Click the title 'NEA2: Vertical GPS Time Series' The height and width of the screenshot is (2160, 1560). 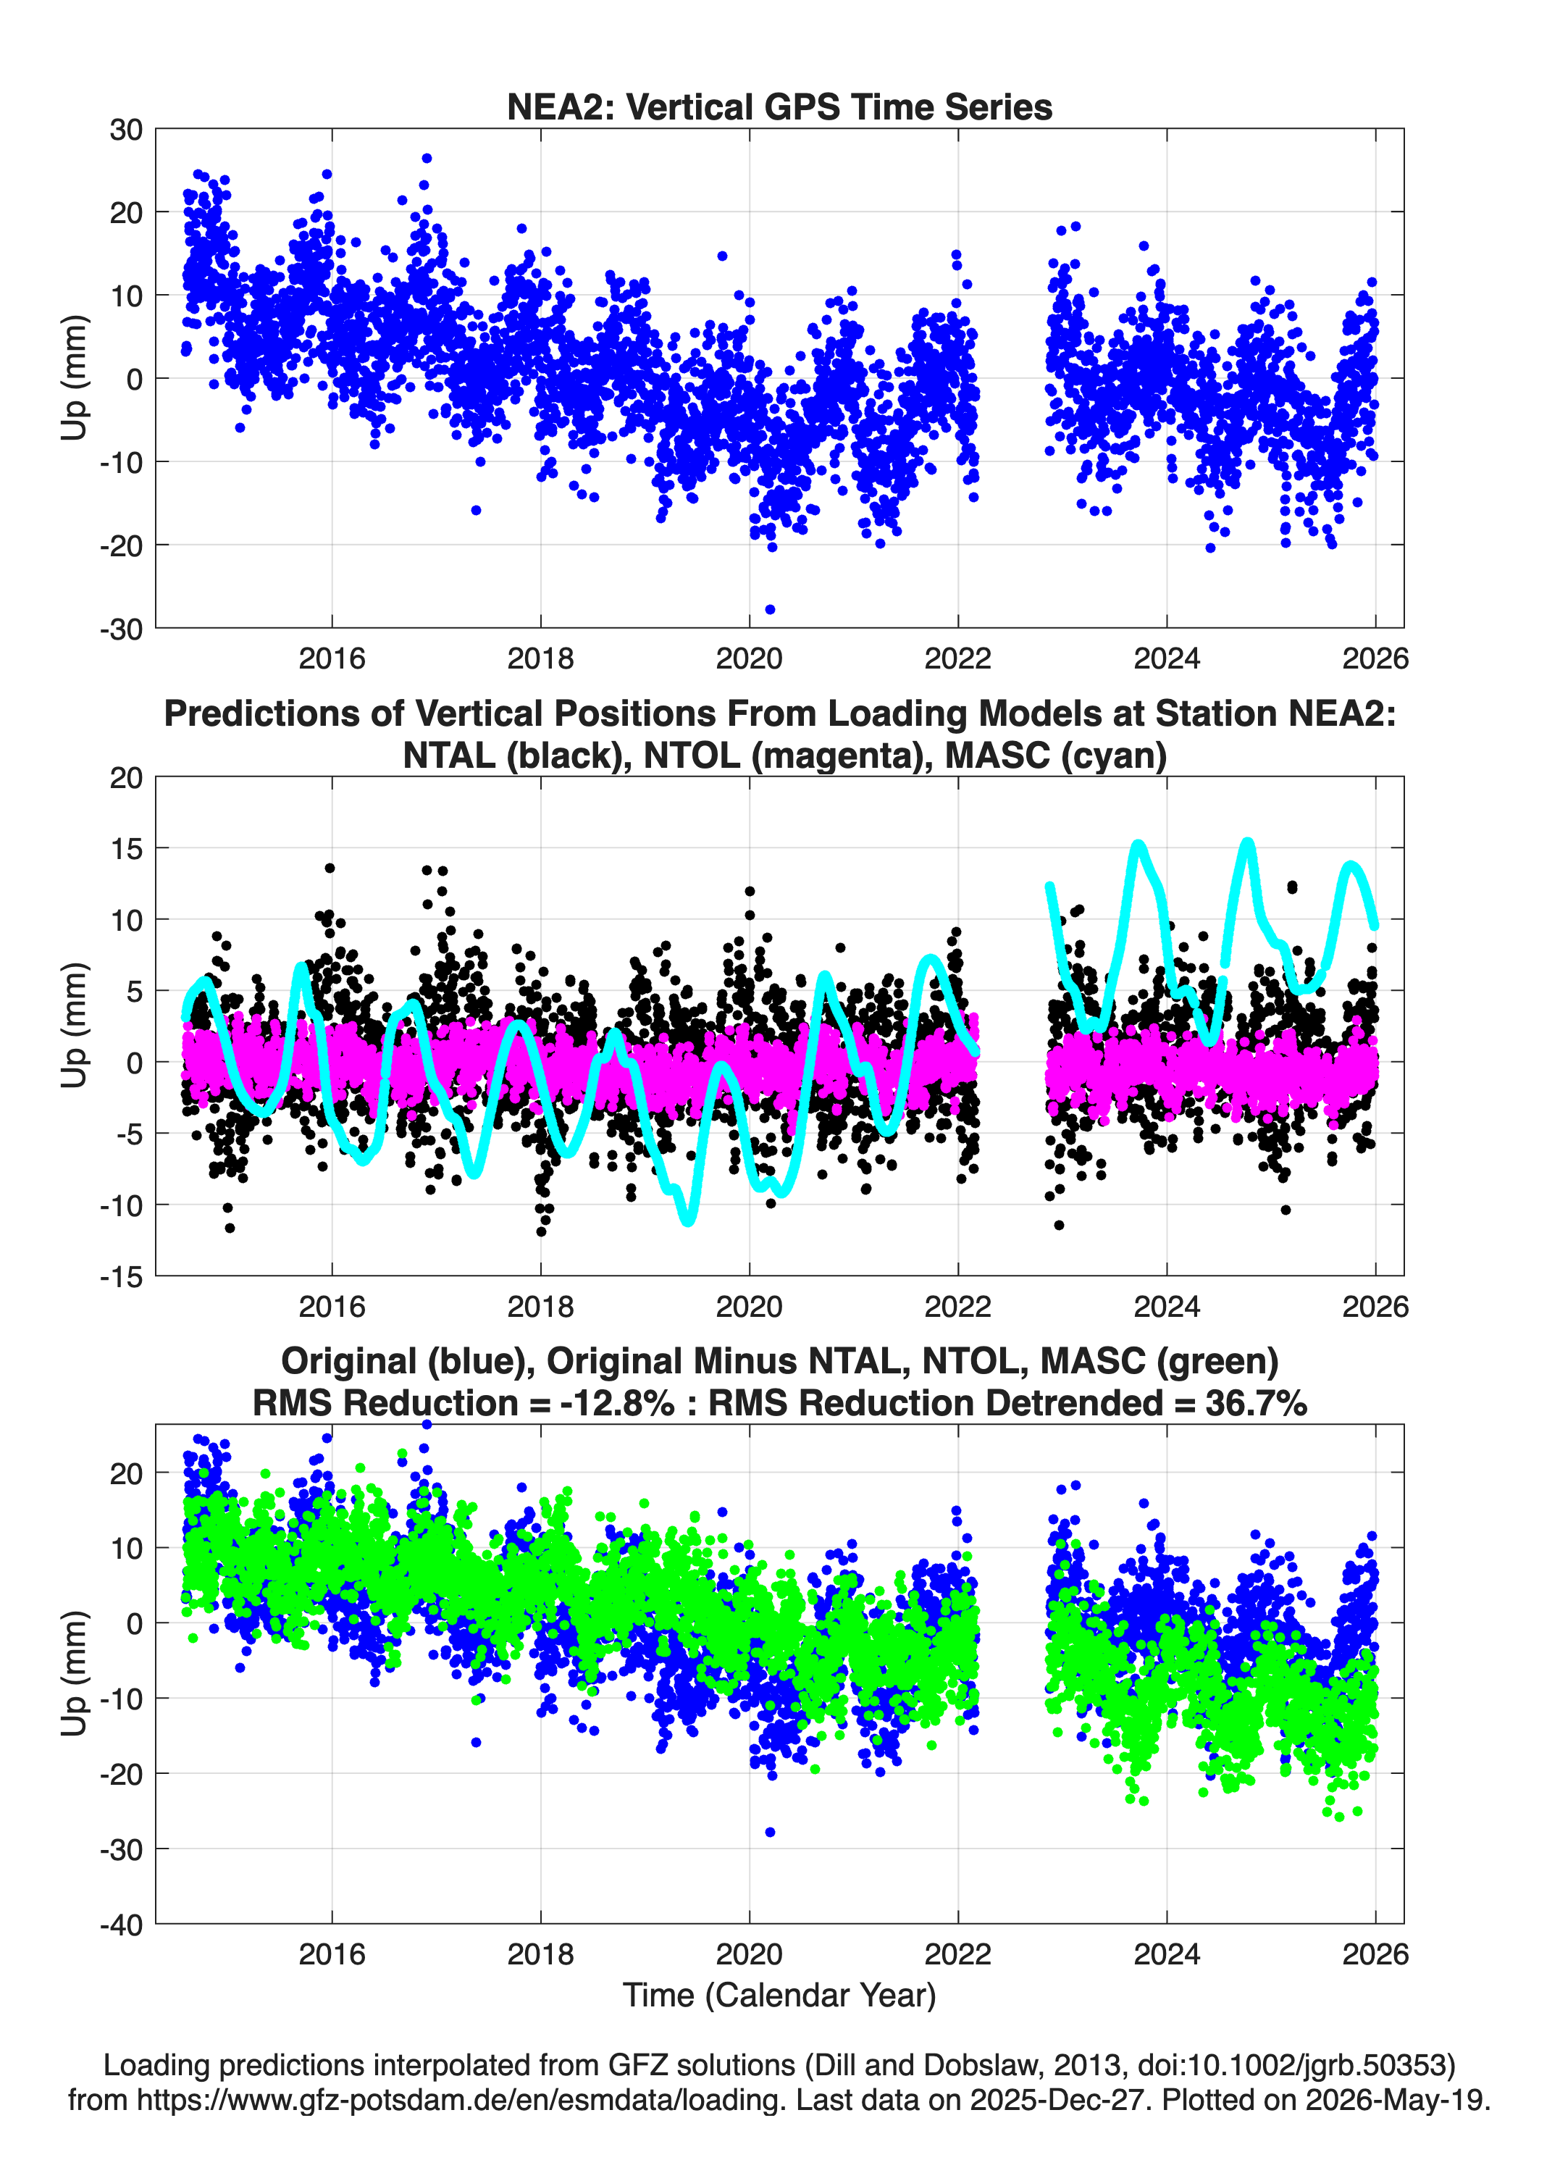pyautogui.click(x=779, y=106)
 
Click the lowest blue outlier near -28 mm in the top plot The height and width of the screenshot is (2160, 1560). pyautogui.click(x=770, y=609)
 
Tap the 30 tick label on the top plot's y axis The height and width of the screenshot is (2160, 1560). pyautogui.click(x=126, y=130)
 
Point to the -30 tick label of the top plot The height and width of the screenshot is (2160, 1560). pyautogui.click(x=121, y=629)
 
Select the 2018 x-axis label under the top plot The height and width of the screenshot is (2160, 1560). pyautogui.click(x=540, y=658)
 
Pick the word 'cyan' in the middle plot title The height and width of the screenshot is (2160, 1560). pyautogui.click(x=1115, y=755)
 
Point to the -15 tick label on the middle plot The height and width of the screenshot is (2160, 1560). pyautogui.click(x=121, y=1276)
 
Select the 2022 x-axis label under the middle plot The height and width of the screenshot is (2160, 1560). pyautogui.click(x=957, y=1306)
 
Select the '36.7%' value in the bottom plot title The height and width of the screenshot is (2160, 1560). pyautogui.click(x=1255, y=1403)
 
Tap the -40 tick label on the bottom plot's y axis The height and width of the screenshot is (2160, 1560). pyautogui.click(x=121, y=1924)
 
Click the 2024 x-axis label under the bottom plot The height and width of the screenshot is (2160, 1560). pyautogui.click(x=1167, y=1954)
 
